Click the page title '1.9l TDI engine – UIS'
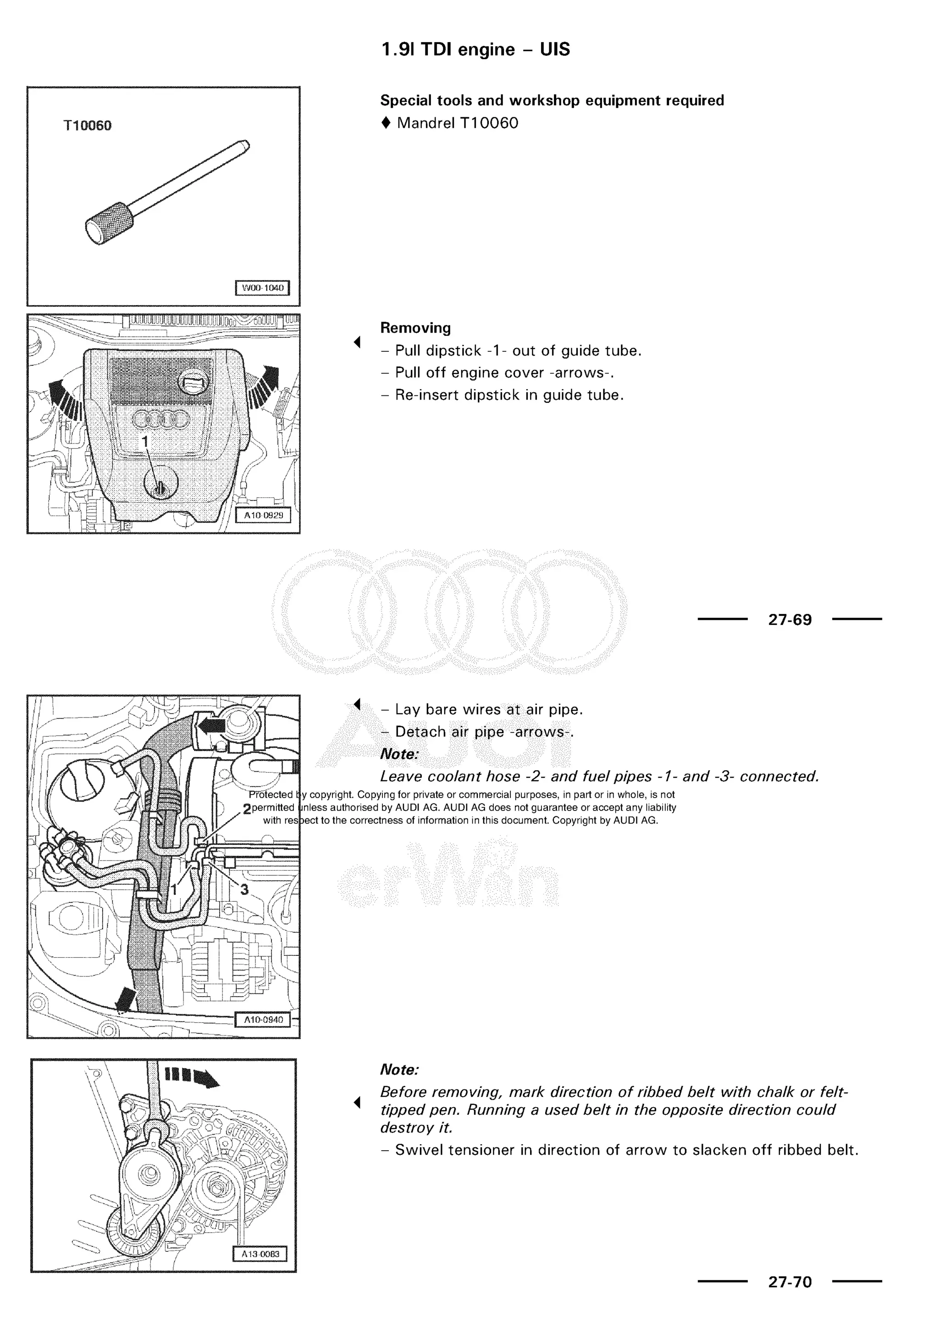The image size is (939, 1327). [475, 49]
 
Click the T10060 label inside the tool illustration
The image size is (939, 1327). [87, 126]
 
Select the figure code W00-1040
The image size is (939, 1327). [263, 288]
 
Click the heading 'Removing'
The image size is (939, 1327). [415, 328]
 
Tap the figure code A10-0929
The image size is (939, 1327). [263, 515]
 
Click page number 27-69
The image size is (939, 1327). [790, 620]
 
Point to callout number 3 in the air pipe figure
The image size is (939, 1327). [244, 889]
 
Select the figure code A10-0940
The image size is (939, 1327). [263, 1020]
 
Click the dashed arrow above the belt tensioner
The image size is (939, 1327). [191, 1076]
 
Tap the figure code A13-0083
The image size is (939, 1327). [260, 1254]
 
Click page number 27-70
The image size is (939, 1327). [790, 1282]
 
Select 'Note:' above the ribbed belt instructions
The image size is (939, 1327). [399, 1070]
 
